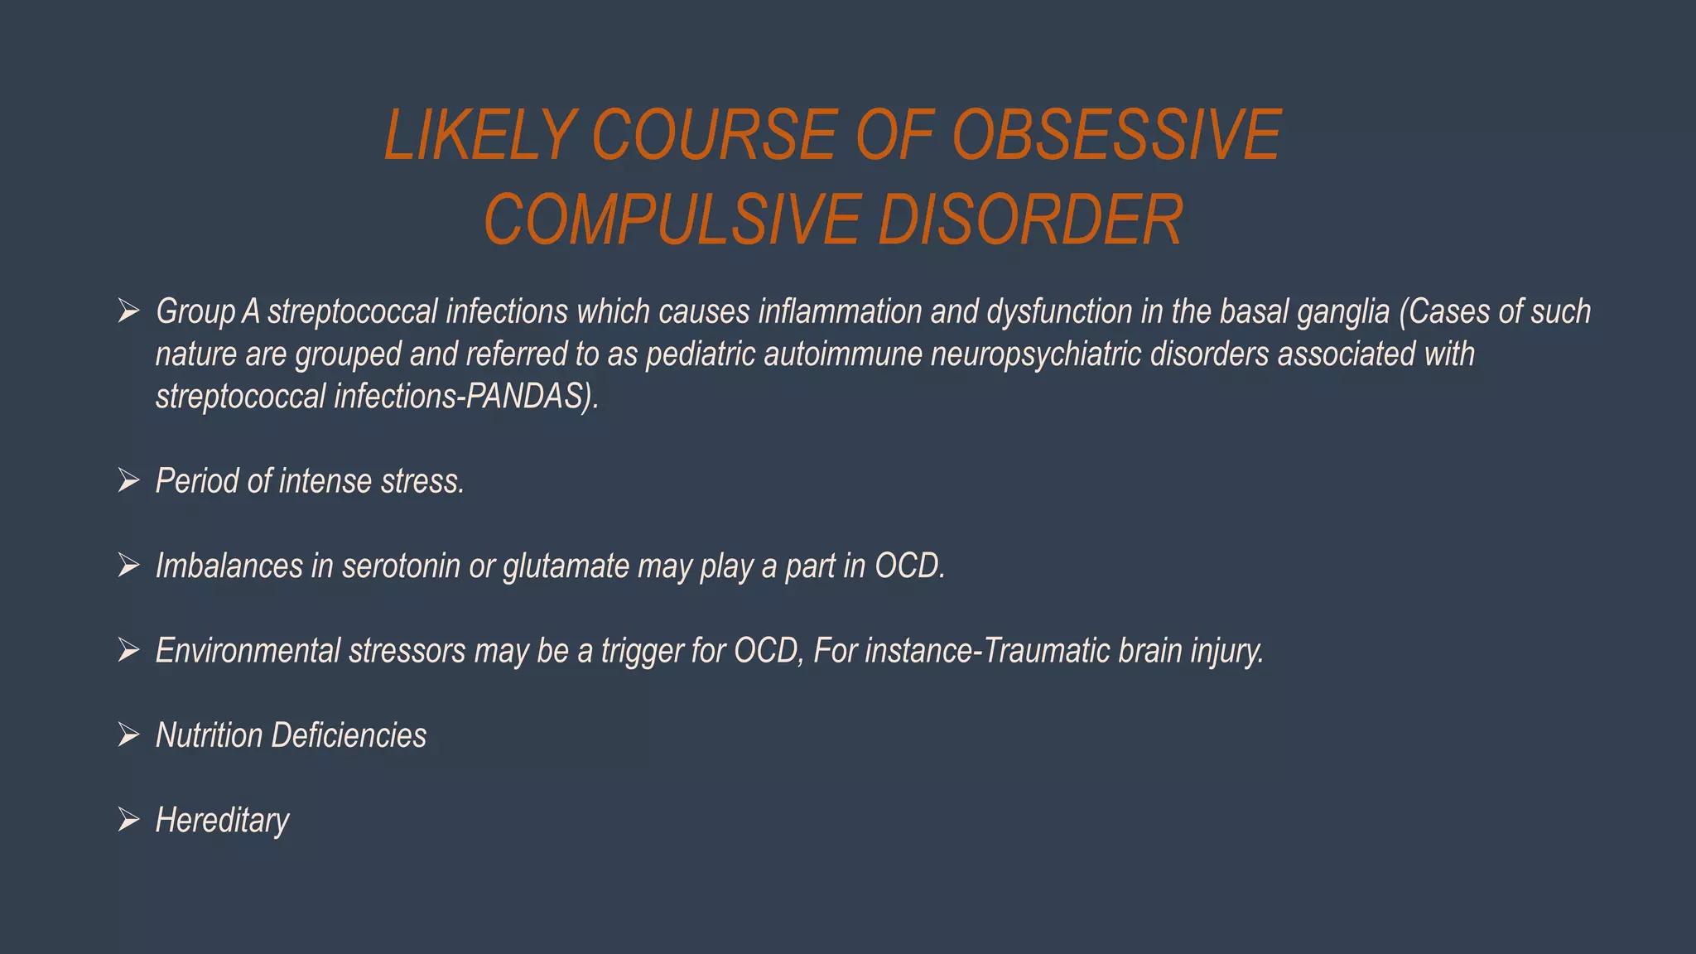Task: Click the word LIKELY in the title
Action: (x=479, y=135)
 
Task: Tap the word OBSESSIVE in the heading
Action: (x=1116, y=135)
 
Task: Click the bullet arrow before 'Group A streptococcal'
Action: (x=128, y=312)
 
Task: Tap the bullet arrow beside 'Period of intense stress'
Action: (x=128, y=481)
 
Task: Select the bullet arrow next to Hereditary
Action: (x=128, y=821)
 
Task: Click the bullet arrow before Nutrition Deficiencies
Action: (x=128, y=735)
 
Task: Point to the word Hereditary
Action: (x=222, y=821)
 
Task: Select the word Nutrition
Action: (x=209, y=735)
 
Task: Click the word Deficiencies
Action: (x=349, y=735)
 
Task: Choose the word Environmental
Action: (x=248, y=651)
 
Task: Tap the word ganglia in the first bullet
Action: (x=1342, y=312)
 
